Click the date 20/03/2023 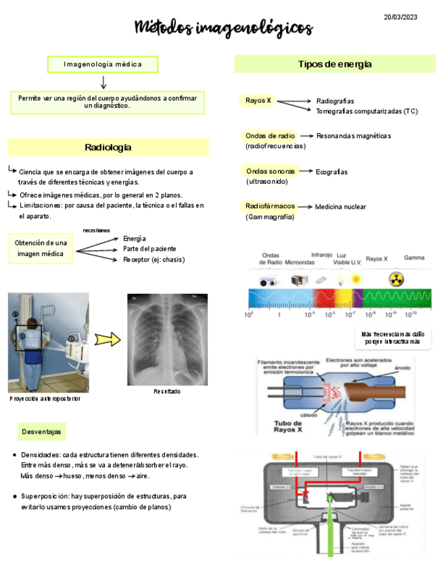point(400,17)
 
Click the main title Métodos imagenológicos point(224,28)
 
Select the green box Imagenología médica point(103,64)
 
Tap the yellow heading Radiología point(108,147)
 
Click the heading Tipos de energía point(335,64)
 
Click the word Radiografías point(335,101)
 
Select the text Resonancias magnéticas point(354,136)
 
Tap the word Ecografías point(332,172)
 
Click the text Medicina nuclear point(341,207)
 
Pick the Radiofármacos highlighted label point(270,205)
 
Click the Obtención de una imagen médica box point(41,249)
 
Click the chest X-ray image point(167,339)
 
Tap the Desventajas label point(41,431)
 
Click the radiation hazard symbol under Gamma point(396,278)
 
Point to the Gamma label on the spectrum point(414,258)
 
